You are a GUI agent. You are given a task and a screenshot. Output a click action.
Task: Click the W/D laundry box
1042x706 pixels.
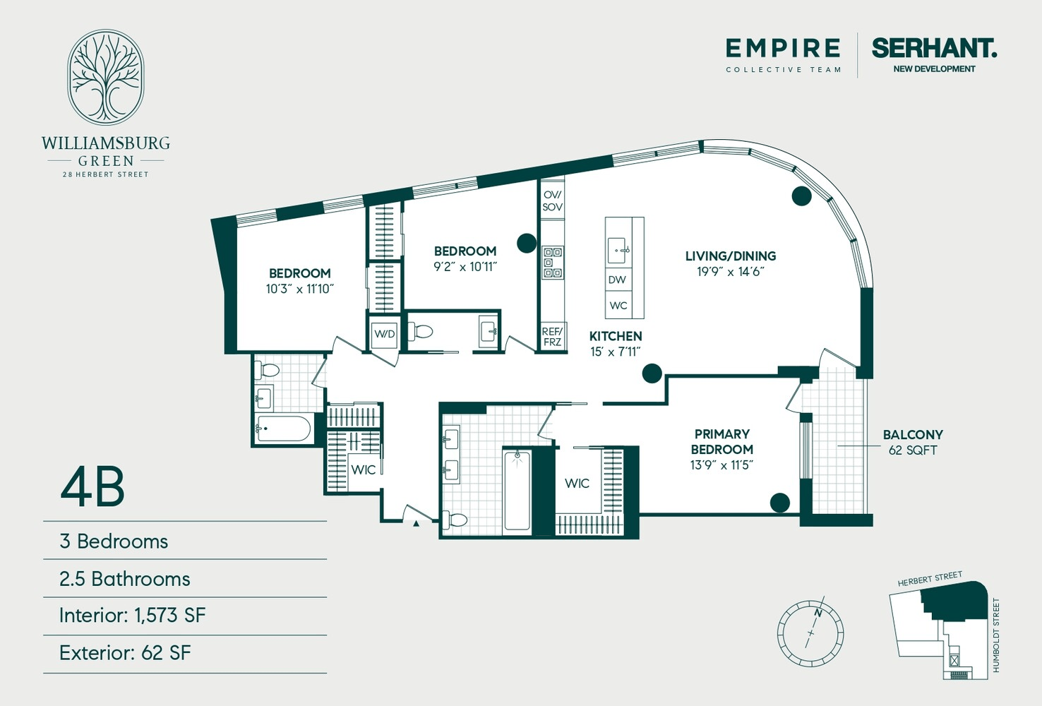pos(384,333)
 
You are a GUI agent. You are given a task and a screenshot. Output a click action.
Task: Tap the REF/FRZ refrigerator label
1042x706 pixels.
pos(552,337)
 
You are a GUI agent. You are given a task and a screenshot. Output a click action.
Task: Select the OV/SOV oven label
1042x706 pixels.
pos(552,201)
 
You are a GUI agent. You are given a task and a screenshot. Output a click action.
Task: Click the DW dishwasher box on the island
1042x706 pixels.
pos(618,280)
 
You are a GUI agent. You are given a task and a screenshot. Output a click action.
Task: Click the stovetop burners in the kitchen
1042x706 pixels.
pos(553,263)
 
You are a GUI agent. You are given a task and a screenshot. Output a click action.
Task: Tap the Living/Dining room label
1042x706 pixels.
pos(731,256)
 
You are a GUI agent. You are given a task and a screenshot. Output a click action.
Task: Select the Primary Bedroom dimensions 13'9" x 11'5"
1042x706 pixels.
pos(721,465)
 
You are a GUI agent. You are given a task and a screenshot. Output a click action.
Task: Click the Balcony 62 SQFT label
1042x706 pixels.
pos(913,442)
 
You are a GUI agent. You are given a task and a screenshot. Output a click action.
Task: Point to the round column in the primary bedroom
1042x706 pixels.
pos(779,502)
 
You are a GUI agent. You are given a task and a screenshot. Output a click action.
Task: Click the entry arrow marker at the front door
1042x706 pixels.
pos(417,524)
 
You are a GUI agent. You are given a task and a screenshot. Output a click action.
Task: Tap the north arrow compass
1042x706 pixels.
pos(810,633)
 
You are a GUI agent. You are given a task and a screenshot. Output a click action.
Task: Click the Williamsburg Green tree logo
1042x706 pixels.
pos(106,77)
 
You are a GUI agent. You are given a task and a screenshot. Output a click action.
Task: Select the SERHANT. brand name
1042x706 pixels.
pos(934,48)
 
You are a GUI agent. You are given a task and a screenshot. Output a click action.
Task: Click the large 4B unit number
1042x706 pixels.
pos(92,487)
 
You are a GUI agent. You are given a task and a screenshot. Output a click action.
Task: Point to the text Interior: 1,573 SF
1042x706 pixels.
pos(132,616)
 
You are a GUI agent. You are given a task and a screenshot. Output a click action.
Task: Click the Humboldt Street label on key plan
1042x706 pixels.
pos(995,635)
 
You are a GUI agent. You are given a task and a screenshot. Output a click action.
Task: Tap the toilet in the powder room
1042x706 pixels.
pos(420,332)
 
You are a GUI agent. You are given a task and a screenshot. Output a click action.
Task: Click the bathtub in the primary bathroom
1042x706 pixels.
pos(517,490)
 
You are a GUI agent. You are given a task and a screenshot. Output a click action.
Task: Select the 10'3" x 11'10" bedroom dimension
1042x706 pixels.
pos(299,289)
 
